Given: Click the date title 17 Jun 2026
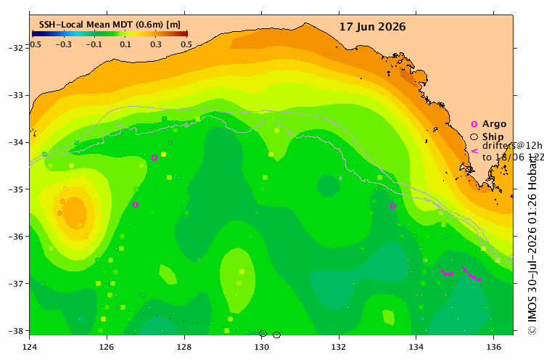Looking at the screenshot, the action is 372,27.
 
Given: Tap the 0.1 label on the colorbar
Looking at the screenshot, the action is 125,44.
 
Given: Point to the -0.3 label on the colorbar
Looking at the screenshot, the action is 64,44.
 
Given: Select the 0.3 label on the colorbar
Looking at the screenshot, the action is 156,44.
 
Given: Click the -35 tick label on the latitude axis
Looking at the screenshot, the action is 16,189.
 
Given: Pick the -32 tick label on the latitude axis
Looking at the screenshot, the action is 16,48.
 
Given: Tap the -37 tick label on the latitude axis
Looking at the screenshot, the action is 16,284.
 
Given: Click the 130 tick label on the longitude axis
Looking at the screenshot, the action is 261,347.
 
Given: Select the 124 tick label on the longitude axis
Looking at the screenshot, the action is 30,347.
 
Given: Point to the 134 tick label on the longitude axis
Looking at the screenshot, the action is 416,347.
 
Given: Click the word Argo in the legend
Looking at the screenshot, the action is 494,124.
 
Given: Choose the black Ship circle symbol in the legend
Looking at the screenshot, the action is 474,136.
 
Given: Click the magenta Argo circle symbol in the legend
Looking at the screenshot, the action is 474,124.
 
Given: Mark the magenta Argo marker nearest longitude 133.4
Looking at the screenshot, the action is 392,206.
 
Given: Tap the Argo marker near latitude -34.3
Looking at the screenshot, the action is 154,157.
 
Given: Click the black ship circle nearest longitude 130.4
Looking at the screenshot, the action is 276,335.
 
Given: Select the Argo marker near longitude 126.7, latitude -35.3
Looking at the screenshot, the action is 136,205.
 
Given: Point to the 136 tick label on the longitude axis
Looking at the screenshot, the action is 494,347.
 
